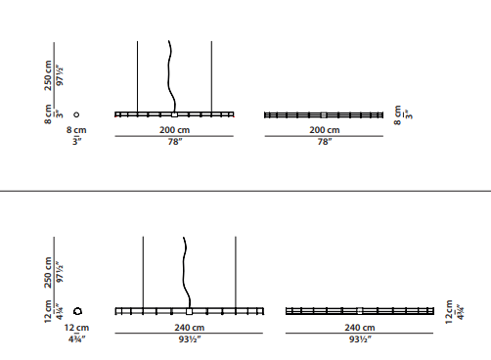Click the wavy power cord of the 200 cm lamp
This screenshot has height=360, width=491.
169,76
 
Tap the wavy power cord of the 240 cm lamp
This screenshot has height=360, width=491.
184,272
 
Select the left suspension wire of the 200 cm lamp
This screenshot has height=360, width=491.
137,76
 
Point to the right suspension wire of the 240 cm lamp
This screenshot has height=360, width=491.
236,272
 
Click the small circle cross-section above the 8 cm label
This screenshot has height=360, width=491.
76,112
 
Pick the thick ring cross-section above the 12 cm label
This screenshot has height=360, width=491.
74,311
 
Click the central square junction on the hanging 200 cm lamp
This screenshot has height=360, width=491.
174,114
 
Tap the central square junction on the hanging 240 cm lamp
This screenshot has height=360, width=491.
189,312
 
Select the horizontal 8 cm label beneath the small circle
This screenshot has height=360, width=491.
76,130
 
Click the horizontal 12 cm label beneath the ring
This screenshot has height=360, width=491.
76,328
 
